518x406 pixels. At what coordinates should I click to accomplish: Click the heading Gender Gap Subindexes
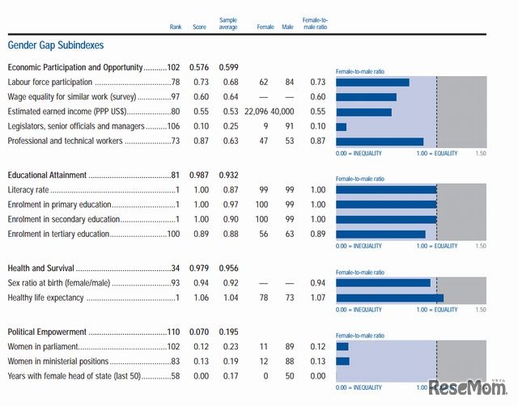pos(55,45)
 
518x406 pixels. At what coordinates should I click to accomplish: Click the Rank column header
pos(176,27)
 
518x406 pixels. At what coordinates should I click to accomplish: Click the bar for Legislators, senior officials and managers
pos(341,126)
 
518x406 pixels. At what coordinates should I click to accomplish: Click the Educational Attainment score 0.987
pos(198,176)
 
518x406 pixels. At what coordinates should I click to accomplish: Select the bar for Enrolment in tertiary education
pos(380,234)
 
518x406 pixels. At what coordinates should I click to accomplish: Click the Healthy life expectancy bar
pos(389,298)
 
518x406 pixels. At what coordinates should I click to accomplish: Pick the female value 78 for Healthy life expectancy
pos(262,298)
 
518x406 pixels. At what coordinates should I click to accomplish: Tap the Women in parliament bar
pos(342,347)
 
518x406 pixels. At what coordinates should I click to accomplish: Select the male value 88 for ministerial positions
pos(287,362)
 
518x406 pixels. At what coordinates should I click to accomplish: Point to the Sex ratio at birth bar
pos(383,283)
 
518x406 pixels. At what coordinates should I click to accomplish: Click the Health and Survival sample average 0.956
pos(231,269)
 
